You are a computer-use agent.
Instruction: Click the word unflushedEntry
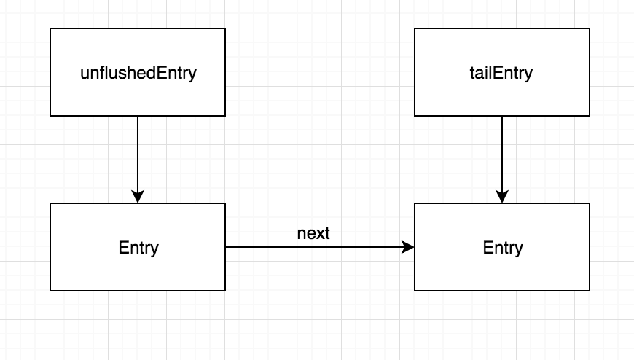[138, 73]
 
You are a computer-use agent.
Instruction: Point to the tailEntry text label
[502, 73]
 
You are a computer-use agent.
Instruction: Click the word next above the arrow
[313, 233]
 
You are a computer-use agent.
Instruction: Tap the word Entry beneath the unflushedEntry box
[138, 248]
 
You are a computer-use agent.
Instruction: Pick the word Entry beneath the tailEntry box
[502, 248]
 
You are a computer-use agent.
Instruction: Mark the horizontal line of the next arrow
[313, 248]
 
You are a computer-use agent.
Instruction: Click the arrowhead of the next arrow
[408, 248]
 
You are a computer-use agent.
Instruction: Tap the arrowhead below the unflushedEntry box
[138, 197]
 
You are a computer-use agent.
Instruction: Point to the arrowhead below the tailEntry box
[502, 197]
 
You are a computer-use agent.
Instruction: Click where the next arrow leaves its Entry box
[226, 248]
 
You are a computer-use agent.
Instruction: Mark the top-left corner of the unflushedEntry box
[50, 29]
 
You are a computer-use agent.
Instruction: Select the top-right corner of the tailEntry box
[590, 29]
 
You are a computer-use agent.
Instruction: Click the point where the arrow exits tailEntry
[502, 116]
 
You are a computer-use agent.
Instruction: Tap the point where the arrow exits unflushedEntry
[138, 116]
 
